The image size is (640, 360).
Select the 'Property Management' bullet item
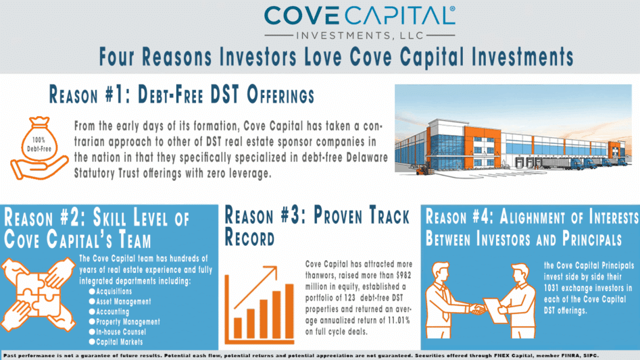(x=128, y=322)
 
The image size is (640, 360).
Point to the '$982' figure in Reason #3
(x=399, y=274)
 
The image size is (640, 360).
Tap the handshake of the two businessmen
(x=477, y=309)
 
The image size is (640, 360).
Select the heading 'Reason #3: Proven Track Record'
(x=316, y=227)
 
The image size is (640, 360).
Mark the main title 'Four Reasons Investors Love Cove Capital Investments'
(x=335, y=56)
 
